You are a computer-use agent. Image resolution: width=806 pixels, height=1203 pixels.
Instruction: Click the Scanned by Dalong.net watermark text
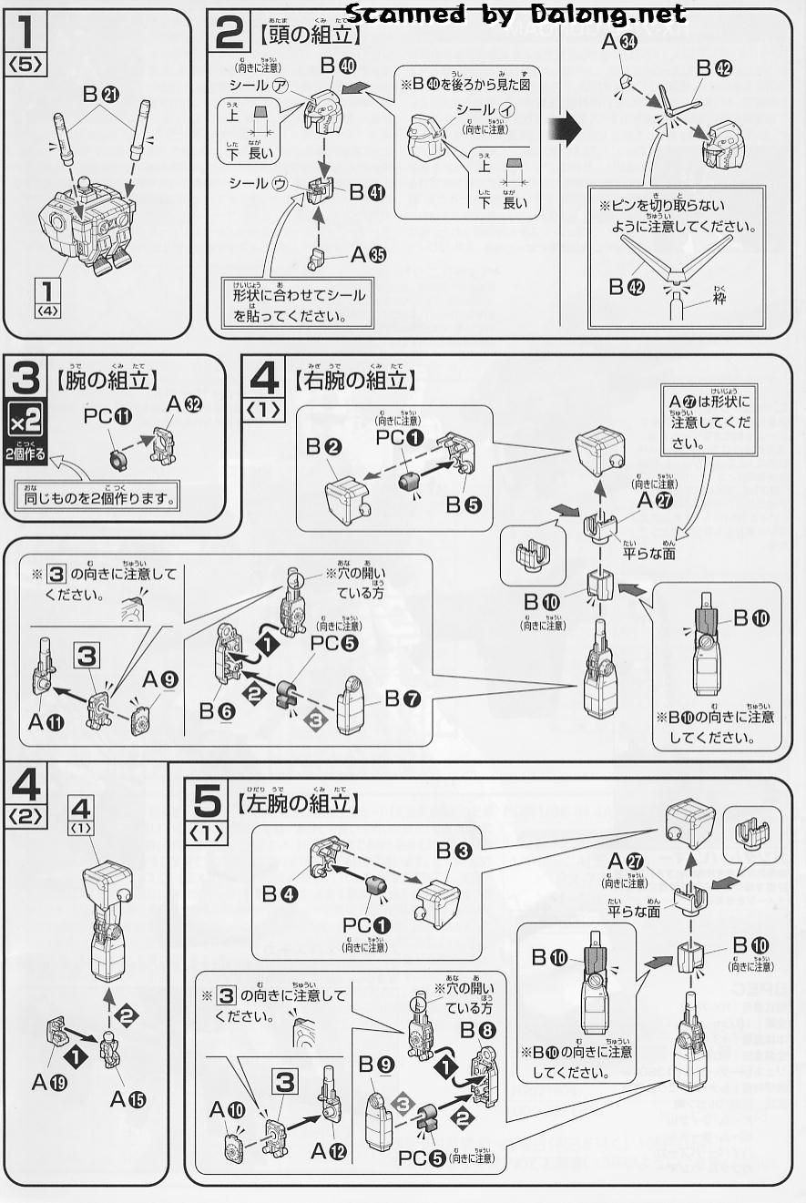click(516, 14)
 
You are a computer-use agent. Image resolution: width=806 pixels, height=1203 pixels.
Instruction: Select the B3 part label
click(453, 851)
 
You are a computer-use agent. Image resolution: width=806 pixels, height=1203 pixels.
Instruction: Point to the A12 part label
click(329, 1151)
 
